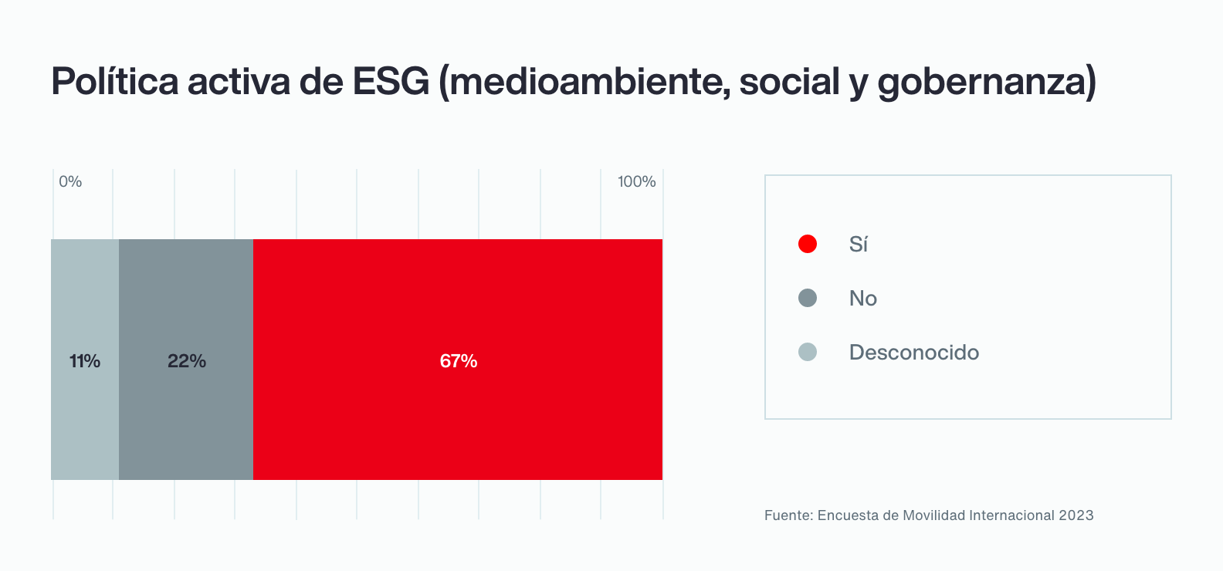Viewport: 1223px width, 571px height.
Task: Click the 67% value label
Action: point(459,361)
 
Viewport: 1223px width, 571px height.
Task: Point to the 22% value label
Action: point(187,361)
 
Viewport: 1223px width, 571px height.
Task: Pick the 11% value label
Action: point(85,361)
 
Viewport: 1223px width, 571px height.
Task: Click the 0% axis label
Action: point(70,181)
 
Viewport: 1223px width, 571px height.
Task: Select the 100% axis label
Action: point(636,181)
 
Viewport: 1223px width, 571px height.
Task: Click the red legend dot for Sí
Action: point(808,244)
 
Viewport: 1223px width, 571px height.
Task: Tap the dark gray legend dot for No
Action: point(808,298)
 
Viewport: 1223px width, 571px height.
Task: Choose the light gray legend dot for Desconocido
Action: point(808,352)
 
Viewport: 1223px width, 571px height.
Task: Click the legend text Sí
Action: point(859,245)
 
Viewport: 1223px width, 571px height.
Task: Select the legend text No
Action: point(863,299)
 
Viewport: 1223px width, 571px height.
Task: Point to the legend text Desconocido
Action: point(914,353)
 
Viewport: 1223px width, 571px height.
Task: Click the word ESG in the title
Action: point(391,81)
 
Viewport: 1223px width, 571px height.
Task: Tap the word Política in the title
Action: point(115,81)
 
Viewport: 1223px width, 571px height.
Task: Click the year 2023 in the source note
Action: point(1076,515)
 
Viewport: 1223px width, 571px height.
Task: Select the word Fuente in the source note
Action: point(787,515)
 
